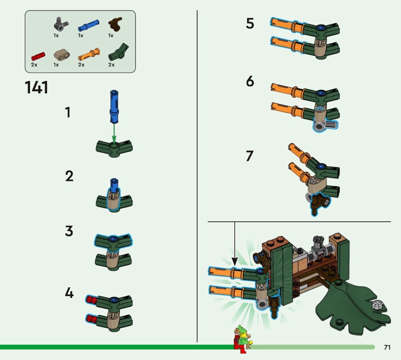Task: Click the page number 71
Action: (387, 347)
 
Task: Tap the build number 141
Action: (37, 87)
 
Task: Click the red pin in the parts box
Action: (38, 56)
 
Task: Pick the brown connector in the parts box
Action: (115, 24)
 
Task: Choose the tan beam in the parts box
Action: (62, 55)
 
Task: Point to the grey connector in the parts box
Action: (61, 24)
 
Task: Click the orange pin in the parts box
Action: (89, 54)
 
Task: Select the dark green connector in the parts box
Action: (118, 52)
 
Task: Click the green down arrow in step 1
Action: (114, 133)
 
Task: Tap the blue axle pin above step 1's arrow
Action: (114, 106)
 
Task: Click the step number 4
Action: (69, 293)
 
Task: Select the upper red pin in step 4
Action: (91, 299)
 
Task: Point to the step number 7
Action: (249, 156)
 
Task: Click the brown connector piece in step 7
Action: (319, 203)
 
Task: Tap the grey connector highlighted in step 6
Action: (325, 126)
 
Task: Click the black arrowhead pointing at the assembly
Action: (235, 261)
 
